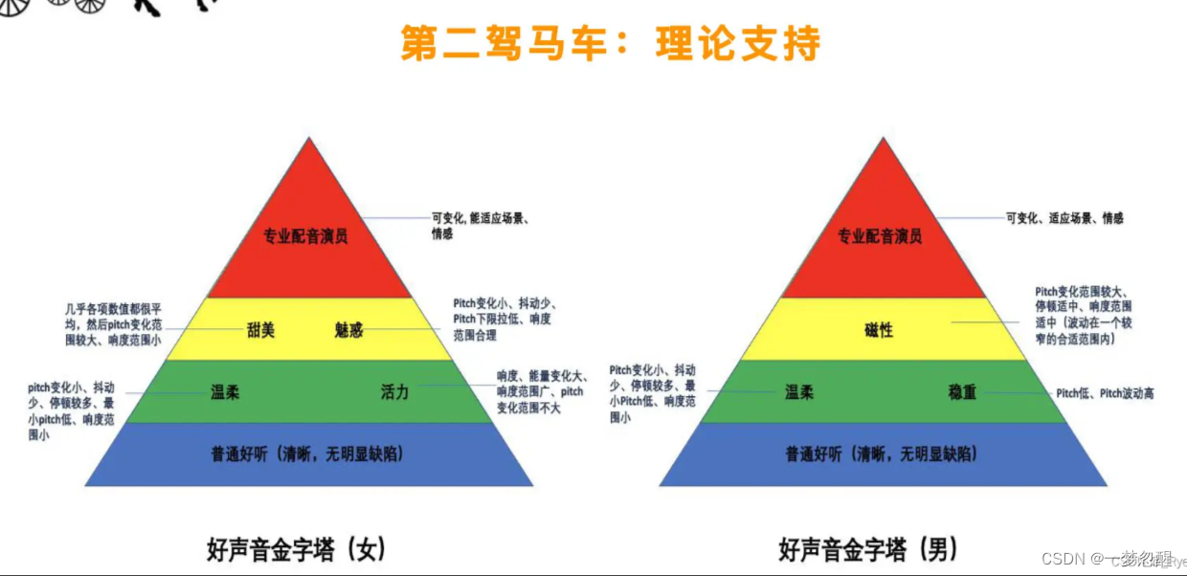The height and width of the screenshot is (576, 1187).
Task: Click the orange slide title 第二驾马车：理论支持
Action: coord(610,44)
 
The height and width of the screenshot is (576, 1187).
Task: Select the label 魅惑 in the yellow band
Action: coord(349,330)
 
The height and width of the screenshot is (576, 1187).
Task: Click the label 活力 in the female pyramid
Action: coord(394,392)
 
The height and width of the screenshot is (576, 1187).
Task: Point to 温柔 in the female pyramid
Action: coord(225,392)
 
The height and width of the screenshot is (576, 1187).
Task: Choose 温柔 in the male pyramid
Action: coord(799,392)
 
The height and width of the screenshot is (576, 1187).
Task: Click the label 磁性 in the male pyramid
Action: coord(879,330)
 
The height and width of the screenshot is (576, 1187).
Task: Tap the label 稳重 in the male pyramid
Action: coord(962,392)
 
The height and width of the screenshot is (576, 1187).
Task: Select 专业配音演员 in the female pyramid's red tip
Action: coord(306,235)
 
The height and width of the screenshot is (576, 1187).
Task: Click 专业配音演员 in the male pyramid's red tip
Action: coord(880,235)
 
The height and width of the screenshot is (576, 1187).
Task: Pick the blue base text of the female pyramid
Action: coord(307,454)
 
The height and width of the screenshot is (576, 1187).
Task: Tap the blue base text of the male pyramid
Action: coord(882,454)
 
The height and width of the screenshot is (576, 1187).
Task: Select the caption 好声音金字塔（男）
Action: coord(868,549)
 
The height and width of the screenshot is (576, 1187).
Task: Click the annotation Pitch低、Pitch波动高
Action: coord(1105,393)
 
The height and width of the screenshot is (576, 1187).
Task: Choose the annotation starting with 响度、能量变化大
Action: coord(540,392)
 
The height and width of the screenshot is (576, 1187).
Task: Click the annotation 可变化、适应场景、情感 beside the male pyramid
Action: coord(1064,218)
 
